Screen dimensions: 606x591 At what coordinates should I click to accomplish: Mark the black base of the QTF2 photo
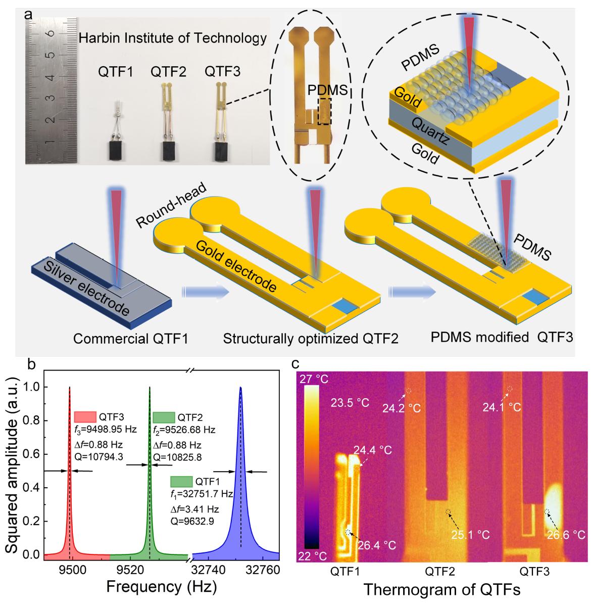[169, 151]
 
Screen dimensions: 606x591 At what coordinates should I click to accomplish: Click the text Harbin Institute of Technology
[172, 37]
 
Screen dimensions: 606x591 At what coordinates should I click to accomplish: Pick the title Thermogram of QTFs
[441, 589]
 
